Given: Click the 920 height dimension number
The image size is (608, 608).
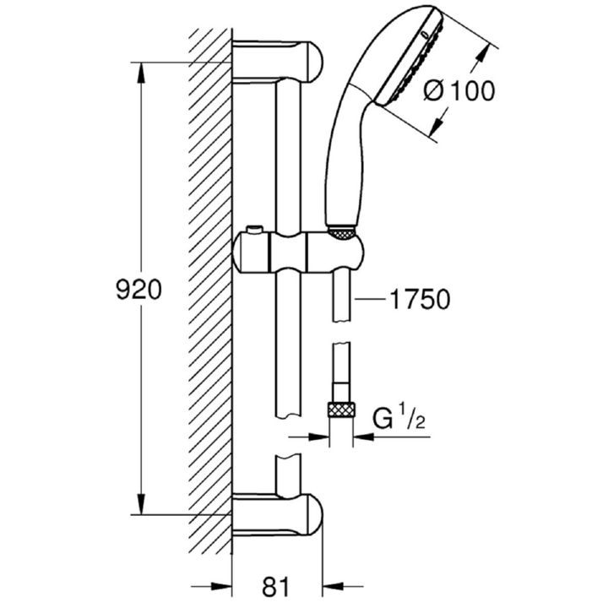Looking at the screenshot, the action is click(x=138, y=290).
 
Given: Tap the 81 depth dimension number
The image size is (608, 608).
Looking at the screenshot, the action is click(x=275, y=587).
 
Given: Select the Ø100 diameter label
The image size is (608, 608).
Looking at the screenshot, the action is click(x=459, y=90).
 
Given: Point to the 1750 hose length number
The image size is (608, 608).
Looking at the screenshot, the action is click(x=421, y=299).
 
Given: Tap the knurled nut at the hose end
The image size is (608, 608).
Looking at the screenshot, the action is click(x=341, y=410).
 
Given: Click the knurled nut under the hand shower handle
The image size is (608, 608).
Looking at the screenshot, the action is click(x=341, y=233).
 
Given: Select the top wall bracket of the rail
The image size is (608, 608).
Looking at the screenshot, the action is click(x=277, y=62).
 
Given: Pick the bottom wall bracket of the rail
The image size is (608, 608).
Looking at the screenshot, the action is click(x=277, y=515).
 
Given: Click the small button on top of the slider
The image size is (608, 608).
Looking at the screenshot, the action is click(x=255, y=230).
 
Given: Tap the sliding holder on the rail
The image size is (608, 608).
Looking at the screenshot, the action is click(x=298, y=253).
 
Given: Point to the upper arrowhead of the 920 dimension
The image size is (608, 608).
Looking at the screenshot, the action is click(x=141, y=73).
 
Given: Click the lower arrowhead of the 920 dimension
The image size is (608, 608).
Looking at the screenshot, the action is click(x=141, y=504).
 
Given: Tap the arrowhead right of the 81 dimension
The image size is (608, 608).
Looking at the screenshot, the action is click(x=334, y=586).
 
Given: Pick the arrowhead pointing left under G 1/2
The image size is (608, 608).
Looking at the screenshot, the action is click(x=364, y=437).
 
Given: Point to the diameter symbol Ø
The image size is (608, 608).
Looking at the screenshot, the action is click(x=434, y=91).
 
